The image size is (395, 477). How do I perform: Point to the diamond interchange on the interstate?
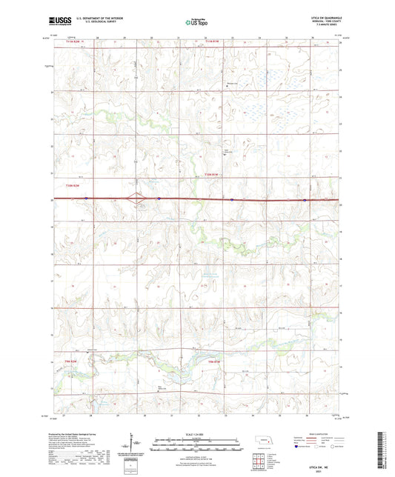click(x=135, y=199)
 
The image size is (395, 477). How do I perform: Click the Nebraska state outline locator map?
click(x=265, y=447)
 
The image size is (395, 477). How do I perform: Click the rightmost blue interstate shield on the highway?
click(x=305, y=199)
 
